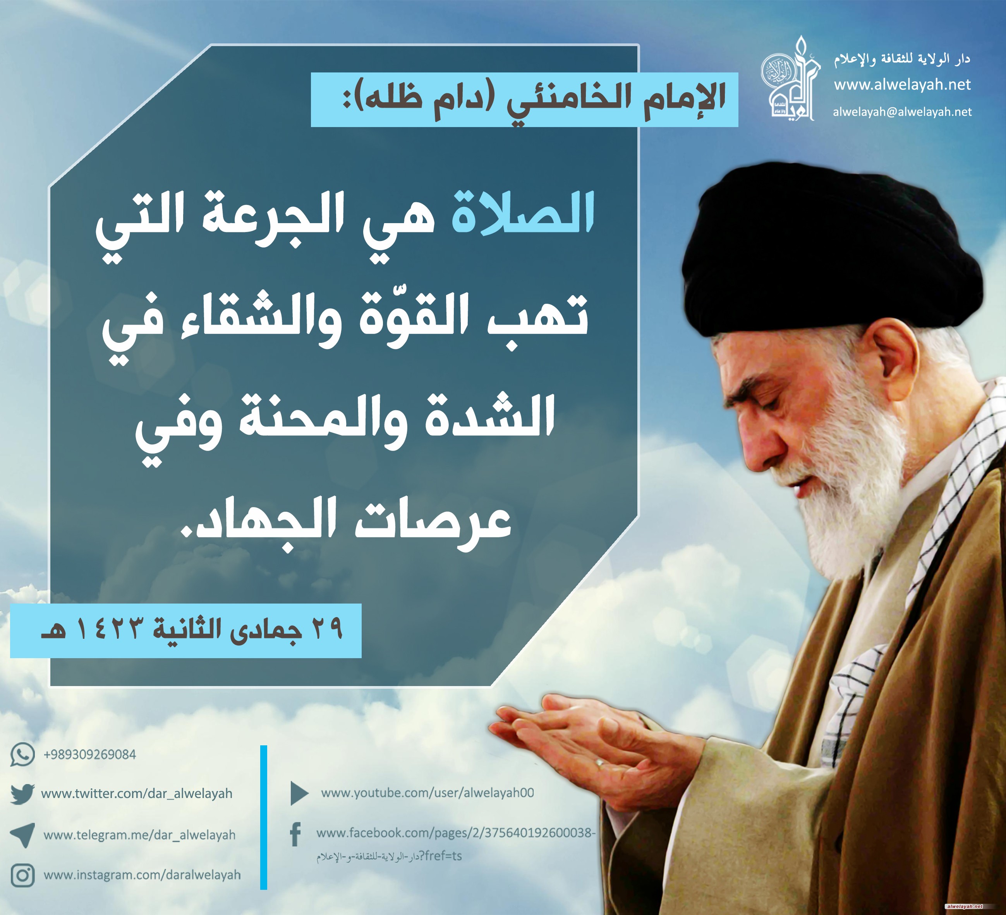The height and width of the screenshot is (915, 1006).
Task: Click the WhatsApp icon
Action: pyautogui.click(x=22, y=754)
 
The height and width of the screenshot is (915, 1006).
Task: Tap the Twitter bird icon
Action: pyautogui.click(x=22, y=794)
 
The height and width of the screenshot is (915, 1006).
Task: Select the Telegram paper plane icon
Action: pyautogui.click(x=22, y=835)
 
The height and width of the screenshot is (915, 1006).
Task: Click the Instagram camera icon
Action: pyautogui.click(x=22, y=875)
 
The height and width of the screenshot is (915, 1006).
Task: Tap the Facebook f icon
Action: pyautogui.click(x=295, y=835)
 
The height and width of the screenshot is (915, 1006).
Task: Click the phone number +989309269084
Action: pyautogui.click(x=90, y=754)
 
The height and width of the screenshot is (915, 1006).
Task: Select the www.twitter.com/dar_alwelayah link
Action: pyautogui.click(x=137, y=794)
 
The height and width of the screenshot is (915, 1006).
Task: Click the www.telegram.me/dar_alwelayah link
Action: pyautogui.click(x=139, y=835)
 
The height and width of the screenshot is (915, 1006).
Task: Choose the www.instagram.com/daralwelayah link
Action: pyautogui.click(x=142, y=875)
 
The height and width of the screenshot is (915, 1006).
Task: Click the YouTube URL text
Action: pyautogui.click(x=427, y=793)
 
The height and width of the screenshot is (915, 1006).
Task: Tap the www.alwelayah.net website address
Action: pyautogui.click(x=902, y=85)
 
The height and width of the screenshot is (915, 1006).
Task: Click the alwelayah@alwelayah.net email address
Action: pyautogui.click(x=902, y=112)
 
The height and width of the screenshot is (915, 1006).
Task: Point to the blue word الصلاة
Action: pyautogui.click(x=523, y=214)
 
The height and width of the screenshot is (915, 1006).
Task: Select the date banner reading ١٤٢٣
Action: pyautogui.click(x=185, y=630)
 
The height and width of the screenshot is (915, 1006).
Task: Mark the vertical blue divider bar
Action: pyautogui.click(x=263, y=818)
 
